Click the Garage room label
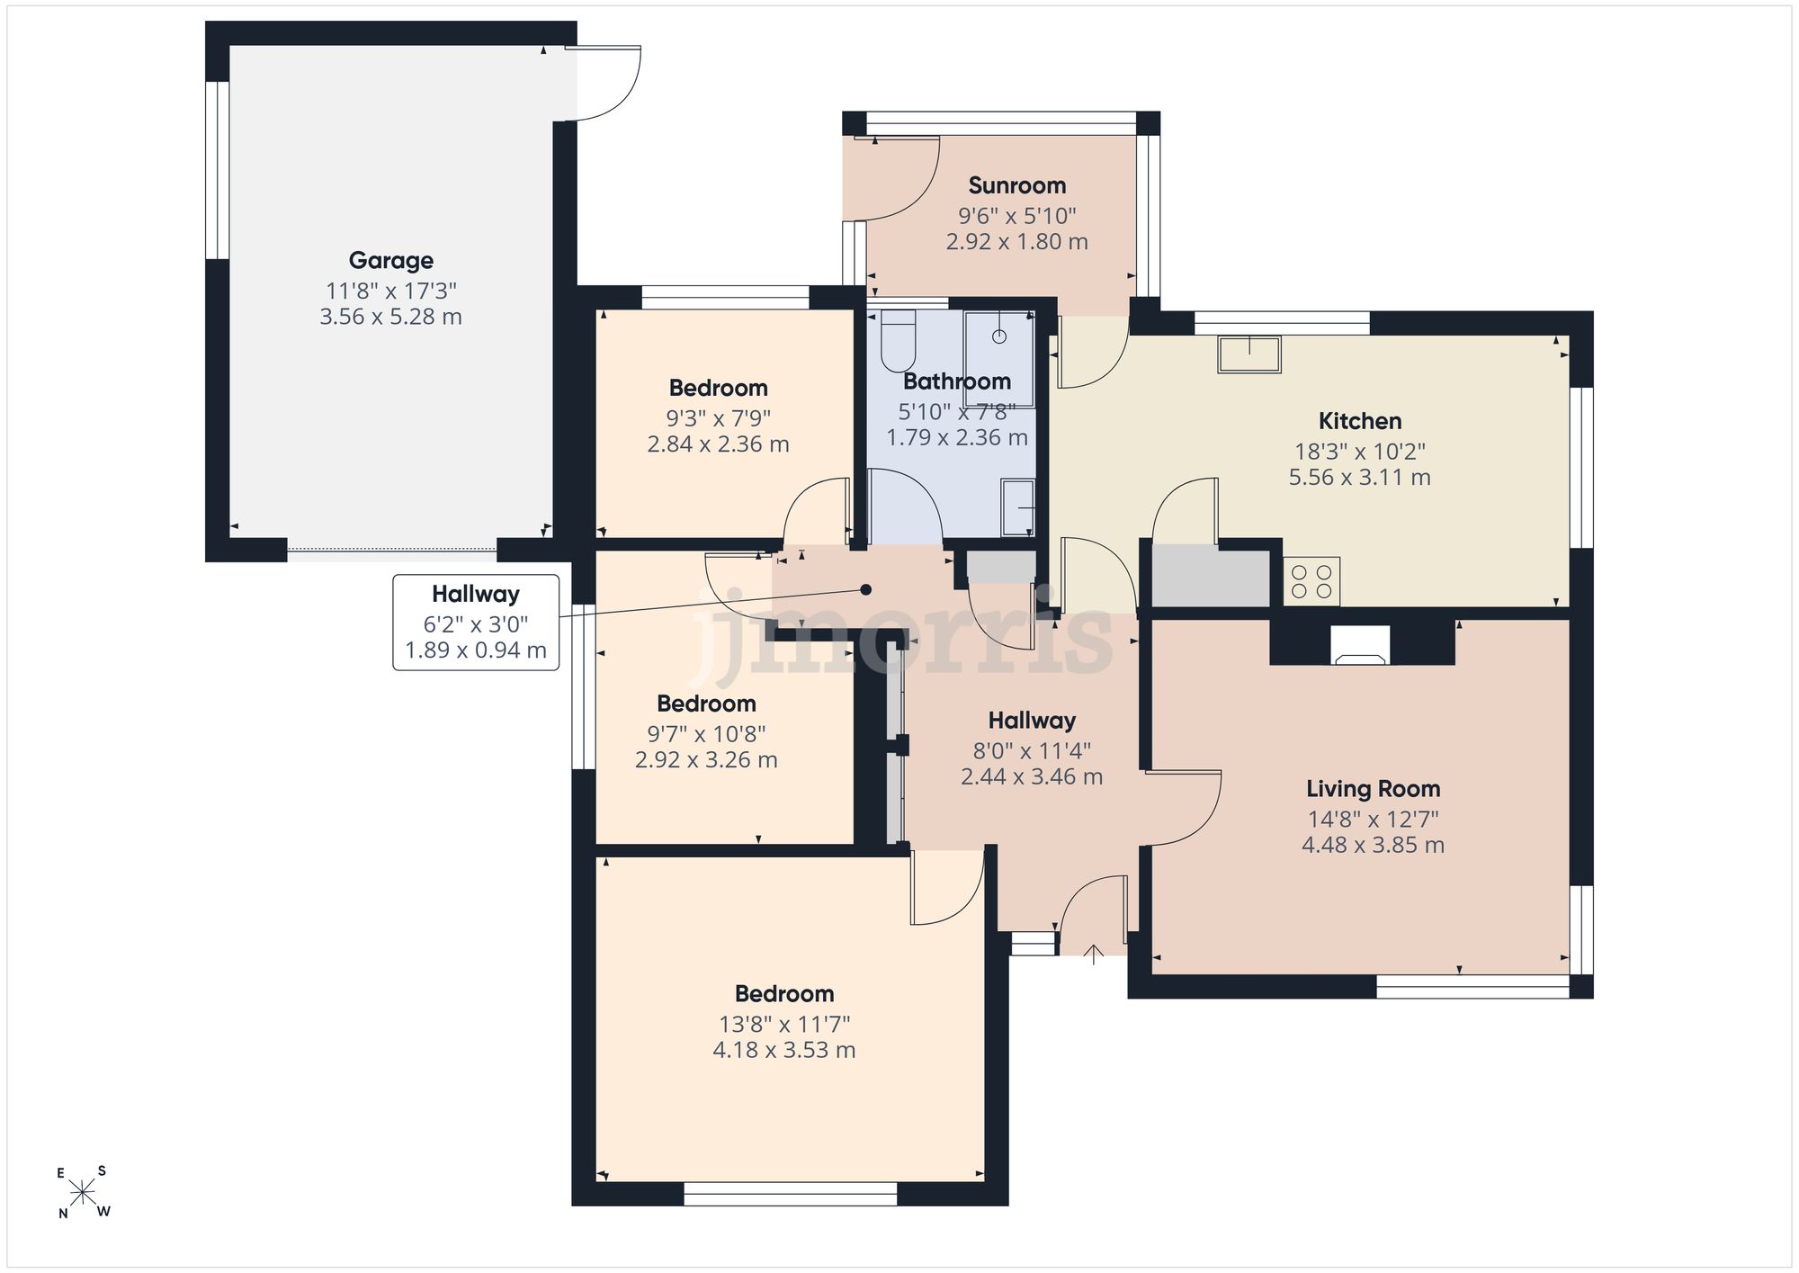pos(391,261)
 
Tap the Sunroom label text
pos(1017,185)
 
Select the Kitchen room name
pos(1360,421)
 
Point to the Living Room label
pos(1374,789)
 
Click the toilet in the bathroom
pos(898,341)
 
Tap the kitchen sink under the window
pos(1250,354)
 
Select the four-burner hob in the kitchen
pos(1311,581)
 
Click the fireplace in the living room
pos(1361,646)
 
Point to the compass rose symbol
pos(83,1193)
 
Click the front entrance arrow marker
pos(1094,955)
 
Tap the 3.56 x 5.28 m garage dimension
pos(391,317)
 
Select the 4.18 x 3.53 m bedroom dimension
pos(784,1050)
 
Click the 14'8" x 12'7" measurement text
pos(1374,819)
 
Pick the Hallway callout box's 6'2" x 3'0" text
pos(476,623)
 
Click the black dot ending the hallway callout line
pos(866,590)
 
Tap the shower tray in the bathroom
pos(999,345)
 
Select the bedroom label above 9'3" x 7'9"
pos(719,388)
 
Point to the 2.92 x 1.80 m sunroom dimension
pos(1017,242)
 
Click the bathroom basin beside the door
pos(1018,507)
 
